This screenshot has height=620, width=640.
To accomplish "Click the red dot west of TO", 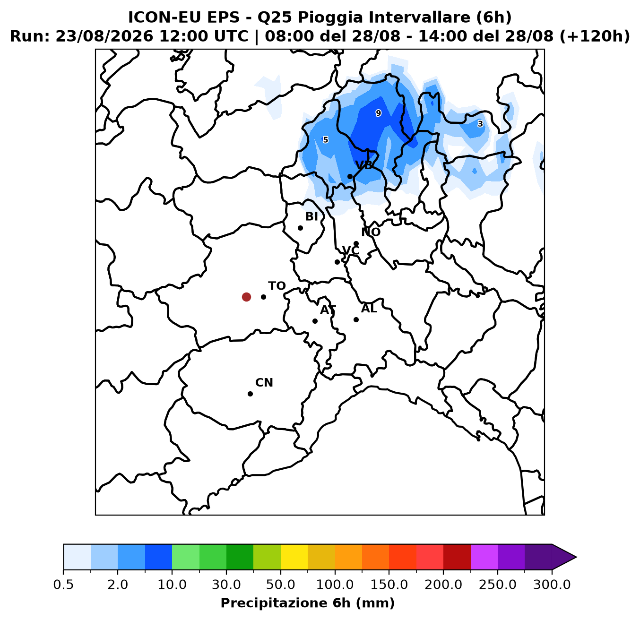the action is click(246, 297).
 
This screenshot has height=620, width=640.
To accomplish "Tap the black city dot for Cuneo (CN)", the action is click(250, 394).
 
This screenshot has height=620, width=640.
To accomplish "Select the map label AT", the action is click(328, 310).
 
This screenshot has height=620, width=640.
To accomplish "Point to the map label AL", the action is click(369, 309).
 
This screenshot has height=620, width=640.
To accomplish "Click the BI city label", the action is click(311, 216).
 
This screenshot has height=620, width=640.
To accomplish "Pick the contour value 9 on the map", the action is click(379, 113).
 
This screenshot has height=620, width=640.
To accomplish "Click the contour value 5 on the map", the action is click(325, 140).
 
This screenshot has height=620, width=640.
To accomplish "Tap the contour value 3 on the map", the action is click(480, 124).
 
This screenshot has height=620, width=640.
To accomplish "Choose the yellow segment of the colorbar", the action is click(294, 557).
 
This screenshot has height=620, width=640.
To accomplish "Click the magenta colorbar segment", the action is click(484, 557).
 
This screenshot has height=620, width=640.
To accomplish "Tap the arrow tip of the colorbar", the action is click(576, 557).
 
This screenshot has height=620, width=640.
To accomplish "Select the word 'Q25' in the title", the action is click(275, 17).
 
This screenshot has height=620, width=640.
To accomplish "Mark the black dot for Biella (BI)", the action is click(300, 228).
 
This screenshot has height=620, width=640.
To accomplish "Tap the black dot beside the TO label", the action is click(263, 297).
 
